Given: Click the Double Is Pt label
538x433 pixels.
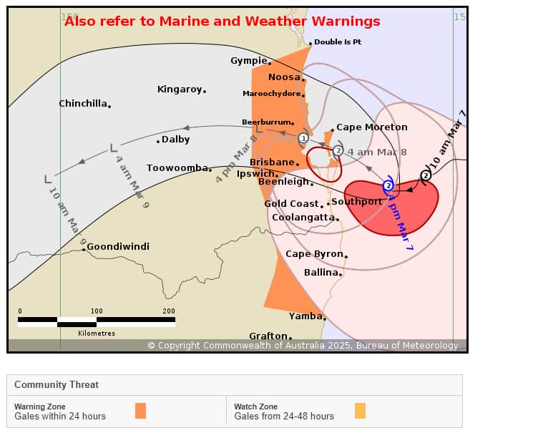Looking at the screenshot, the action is point(338,42).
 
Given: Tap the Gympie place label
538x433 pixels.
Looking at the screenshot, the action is point(248,61).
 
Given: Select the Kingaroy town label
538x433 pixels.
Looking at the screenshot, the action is point(180,89).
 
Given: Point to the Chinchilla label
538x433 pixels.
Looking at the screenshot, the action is point(83,104).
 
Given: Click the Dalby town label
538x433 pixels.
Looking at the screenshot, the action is point(175,140).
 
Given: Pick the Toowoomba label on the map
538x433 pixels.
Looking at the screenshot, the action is point(177,168).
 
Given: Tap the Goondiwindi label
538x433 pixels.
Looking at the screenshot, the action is point(118,246).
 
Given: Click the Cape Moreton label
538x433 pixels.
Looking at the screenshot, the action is point(371,127).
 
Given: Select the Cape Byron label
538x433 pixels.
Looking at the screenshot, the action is point(314,254).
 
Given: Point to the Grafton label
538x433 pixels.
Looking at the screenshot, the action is point(268,336).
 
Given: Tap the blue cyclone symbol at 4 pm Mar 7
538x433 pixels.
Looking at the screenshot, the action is point(388,186).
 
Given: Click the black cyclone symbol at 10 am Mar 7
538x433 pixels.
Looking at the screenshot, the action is point(426,175).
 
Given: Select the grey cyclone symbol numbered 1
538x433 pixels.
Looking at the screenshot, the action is point(303,138).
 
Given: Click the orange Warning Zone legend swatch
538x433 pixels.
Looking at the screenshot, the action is point(140,411).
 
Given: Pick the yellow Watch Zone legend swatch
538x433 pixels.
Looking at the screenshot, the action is point(360,411).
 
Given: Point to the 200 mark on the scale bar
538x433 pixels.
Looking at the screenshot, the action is point(169,311).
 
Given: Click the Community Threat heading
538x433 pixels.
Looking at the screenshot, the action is point(57,384).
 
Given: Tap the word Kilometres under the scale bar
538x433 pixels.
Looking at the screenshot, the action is point(97,334).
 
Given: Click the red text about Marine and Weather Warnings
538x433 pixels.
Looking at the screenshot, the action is point(222,21).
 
